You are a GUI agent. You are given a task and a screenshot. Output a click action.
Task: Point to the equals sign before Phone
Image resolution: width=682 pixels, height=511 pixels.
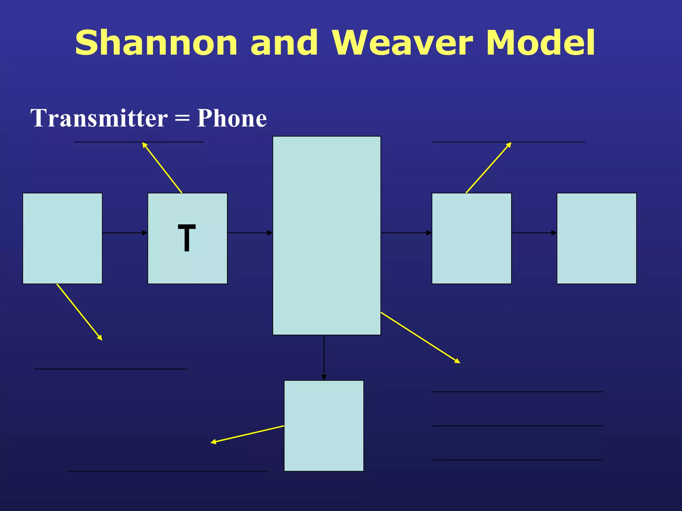coord(182,119)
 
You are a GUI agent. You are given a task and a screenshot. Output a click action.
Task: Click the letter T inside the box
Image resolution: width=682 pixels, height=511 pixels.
coord(187,238)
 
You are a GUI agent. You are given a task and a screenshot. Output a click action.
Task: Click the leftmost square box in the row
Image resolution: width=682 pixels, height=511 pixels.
coord(62,238)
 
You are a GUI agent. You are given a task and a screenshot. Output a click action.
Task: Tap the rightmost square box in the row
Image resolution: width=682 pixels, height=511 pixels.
coord(596,238)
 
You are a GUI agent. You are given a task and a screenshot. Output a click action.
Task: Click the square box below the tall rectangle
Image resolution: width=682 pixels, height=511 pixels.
coord(324,426)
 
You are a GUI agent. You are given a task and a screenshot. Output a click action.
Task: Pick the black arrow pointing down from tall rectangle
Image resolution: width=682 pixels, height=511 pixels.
coord(324,358)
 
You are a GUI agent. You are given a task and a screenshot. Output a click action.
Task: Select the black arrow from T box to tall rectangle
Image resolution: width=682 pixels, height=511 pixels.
coord(250,233)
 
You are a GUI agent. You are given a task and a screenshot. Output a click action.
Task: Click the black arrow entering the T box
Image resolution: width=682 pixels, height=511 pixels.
coord(125,233)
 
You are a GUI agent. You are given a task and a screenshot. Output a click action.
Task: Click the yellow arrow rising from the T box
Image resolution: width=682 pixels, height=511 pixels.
coord(162,168)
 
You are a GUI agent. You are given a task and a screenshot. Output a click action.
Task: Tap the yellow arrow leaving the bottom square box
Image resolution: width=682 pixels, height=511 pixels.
coord(247,434)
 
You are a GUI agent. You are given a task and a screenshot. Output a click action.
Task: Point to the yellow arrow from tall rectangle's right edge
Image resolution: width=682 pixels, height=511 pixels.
coord(420,337)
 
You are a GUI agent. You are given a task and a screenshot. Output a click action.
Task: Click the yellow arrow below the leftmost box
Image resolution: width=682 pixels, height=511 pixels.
coord(79,312)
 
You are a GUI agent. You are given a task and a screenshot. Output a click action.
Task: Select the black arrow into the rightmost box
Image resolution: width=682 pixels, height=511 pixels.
coord(534,233)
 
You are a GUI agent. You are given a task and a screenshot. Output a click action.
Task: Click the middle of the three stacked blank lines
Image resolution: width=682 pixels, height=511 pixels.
coord(517,426)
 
